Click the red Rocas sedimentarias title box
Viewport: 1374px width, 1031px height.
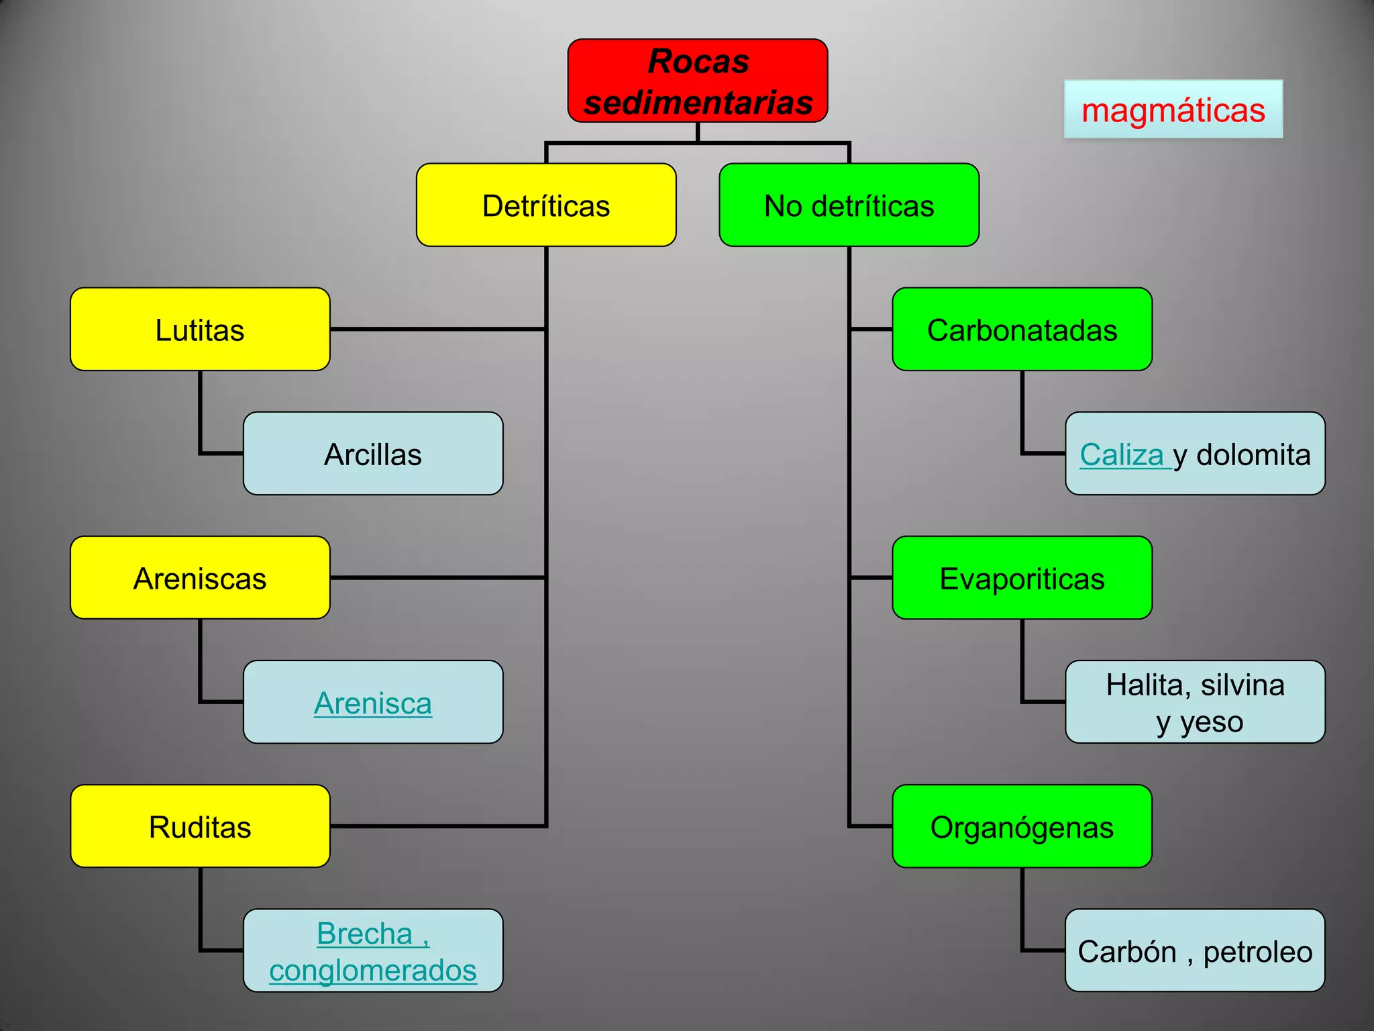tap(698, 81)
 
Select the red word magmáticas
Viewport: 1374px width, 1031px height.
tap(1173, 110)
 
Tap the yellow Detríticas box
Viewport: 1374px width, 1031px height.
tap(546, 205)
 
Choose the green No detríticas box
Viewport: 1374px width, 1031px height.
tap(849, 205)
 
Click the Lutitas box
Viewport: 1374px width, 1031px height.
tap(200, 330)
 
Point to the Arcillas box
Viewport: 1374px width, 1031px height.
tap(373, 454)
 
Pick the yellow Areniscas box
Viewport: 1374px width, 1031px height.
tap(200, 578)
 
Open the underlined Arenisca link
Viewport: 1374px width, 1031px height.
tap(373, 703)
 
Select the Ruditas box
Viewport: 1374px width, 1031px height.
tap(200, 827)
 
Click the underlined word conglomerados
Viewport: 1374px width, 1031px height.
tap(373, 971)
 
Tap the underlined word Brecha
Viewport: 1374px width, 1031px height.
tap(364, 934)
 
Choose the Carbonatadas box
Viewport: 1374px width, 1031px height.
tap(1022, 330)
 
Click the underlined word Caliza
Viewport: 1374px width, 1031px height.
tap(1121, 455)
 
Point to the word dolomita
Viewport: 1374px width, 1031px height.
tap(1253, 455)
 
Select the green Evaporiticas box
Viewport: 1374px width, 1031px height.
tap(1022, 578)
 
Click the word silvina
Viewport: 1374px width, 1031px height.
tap(1243, 685)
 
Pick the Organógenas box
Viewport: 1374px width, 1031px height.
tap(1022, 827)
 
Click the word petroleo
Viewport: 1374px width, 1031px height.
tap(1257, 952)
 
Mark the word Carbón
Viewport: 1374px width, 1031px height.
tap(1126, 952)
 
